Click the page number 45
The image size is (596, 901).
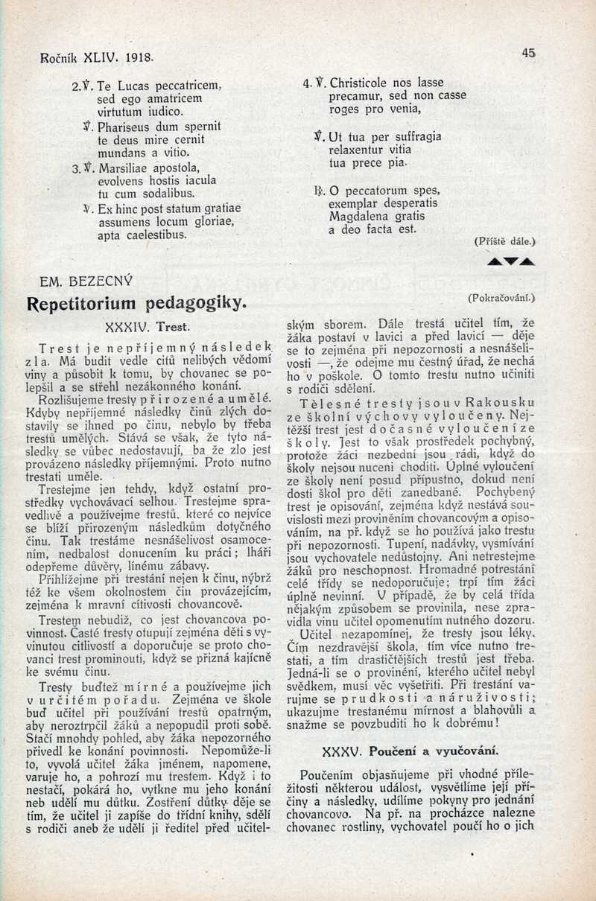530,53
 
